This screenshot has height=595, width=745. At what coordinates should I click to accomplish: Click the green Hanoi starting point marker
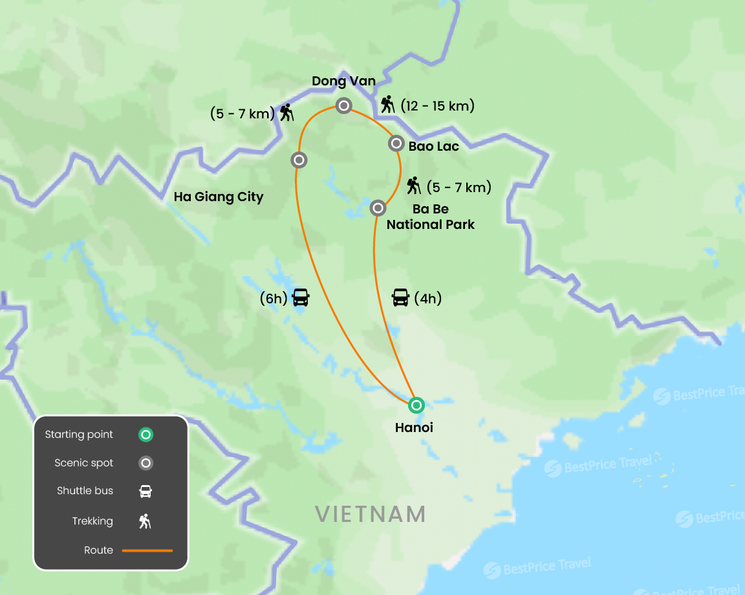[x=416, y=406]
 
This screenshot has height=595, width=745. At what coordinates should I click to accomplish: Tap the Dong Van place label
[x=343, y=81]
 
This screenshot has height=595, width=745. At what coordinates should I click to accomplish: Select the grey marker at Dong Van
[x=343, y=105]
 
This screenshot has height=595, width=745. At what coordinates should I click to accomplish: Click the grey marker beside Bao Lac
[x=396, y=143]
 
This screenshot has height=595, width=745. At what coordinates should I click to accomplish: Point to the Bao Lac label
[x=433, y=146]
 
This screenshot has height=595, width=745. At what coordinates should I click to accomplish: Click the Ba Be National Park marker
[x=378, y=208]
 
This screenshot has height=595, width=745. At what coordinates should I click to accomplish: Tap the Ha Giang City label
[x=219, y=197]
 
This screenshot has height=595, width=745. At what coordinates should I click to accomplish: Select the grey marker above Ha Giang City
[x=298, y=160]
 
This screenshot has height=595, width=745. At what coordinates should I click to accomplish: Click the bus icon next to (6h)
[x=301, y=297]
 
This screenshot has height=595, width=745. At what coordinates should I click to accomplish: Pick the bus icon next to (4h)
[x=400, y=297]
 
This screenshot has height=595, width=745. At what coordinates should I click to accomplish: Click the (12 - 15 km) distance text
[x=437, y=105]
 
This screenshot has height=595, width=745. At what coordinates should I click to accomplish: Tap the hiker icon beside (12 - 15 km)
[x=387, y=105]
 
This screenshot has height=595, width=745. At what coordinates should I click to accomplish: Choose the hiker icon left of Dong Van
[x=286, y=113]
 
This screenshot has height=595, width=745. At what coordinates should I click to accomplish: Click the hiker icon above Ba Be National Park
[x=414, y=186]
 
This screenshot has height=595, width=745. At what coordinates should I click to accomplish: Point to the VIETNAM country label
[x=370, y=514]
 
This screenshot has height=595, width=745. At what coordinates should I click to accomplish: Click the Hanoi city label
[x=414, y=427]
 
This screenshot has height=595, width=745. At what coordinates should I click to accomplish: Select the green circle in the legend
[x=146, y=435]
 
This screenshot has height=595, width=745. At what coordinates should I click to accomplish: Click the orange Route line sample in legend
[x=147, y=550]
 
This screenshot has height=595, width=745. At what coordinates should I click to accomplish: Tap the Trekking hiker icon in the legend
[x=146, y=521]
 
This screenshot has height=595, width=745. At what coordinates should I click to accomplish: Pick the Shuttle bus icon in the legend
[x=146, y=491]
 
